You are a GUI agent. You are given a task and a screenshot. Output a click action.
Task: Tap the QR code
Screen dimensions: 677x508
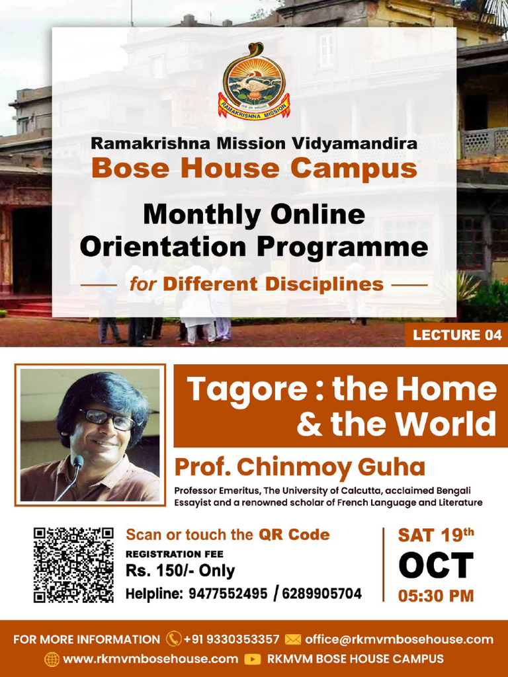click(73, 564)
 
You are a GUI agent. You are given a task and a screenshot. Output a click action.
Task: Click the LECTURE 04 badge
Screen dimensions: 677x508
click(457, 335)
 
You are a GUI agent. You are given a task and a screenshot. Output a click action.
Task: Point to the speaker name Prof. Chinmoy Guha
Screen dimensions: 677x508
click(300, 467)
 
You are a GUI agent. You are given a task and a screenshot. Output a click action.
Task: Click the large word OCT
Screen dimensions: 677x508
click(436, 566)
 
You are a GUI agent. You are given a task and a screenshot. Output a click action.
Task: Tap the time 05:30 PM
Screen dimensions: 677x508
click(436, 596)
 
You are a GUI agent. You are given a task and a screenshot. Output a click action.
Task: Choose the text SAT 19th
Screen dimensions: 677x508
click(436, 535)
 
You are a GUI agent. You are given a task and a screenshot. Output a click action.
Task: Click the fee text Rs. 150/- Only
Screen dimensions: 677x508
click(181, 571)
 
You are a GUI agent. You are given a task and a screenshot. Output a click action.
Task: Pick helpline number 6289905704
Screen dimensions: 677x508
click(322, 594)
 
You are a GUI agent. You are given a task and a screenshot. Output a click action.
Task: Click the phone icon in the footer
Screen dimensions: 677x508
click(174, 639)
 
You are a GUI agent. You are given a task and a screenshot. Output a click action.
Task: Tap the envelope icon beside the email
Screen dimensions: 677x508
click(292, 639)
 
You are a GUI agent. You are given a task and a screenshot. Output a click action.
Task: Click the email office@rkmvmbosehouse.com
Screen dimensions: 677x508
click(399, 639)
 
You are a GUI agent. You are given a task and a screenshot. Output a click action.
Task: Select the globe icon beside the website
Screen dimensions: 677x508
click(52, 659)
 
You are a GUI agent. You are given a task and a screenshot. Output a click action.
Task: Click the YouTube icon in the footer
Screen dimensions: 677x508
click(252, 659)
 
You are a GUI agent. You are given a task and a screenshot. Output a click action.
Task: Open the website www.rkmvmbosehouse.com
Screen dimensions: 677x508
click(150, 659)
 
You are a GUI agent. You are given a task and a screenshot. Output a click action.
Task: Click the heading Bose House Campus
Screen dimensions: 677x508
click(254, 168)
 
